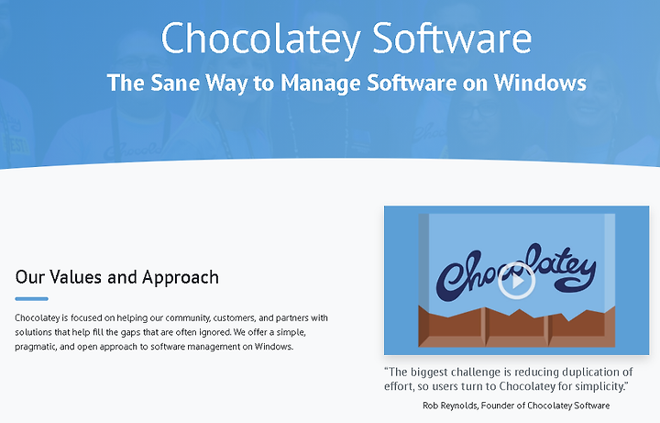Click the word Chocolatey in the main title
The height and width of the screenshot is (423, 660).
click(260, 39)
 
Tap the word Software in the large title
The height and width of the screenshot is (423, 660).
click(452, 38)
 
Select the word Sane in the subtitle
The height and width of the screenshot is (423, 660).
click(175, 83)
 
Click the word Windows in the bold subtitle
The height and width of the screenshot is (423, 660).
click(540, 83)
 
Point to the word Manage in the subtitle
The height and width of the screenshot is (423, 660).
click(320, 83)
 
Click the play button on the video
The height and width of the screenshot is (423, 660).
click(516, 281)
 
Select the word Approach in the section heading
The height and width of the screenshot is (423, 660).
click(181, 278)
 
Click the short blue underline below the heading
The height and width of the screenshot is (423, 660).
click(31, 299)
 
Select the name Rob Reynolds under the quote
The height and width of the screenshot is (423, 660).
click(450, 406)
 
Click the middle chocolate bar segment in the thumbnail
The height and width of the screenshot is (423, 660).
click(516, 327)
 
